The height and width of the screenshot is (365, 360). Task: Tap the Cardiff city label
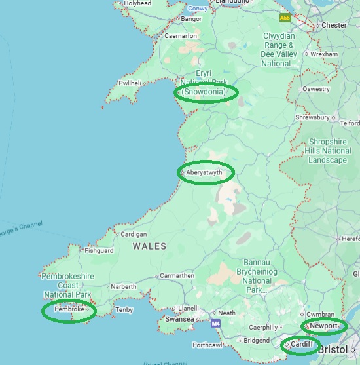pos(302,344)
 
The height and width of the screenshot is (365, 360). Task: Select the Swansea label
pos(179,319)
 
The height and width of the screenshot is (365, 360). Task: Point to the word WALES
pos(149,246)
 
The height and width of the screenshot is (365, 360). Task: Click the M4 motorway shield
pos(215,323)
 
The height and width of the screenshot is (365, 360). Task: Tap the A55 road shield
pos(285,18)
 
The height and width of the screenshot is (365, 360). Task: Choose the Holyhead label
pos(137,3)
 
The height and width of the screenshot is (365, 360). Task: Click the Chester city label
pos(334,26)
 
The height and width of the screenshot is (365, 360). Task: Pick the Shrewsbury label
pos(312,117)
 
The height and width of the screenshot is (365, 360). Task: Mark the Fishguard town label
pos(99,250)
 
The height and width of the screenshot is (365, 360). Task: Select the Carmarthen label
pos(176,276)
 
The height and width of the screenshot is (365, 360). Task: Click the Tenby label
pos(124,309)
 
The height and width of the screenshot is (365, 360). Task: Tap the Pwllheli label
pos(130,83)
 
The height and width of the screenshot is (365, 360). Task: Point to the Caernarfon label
pos(181,35)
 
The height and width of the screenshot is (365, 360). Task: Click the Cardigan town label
pos(134,234)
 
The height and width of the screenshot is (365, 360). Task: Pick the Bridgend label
pos(256,340)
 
